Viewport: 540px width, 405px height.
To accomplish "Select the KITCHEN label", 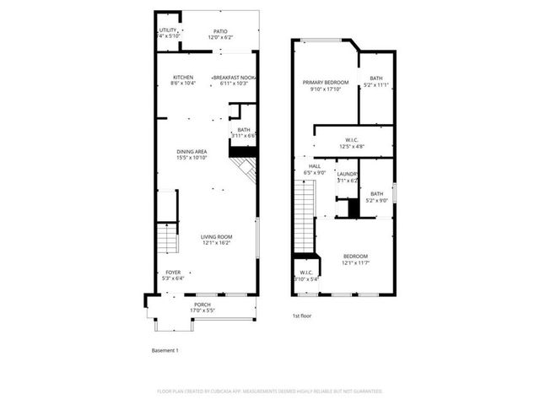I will [182, 78].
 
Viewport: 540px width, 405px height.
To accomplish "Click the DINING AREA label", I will [192, 152].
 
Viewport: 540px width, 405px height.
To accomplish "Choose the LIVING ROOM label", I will [216, 237].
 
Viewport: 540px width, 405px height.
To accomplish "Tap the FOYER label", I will [173, 272].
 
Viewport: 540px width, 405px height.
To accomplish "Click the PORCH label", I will [202, 305].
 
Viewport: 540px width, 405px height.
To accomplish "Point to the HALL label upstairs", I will [314, 166].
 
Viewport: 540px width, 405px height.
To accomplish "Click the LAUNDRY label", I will [348, 175].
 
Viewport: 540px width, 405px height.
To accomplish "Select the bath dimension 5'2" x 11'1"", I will [375, 85].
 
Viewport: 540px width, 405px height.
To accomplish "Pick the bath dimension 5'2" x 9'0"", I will [375, 200].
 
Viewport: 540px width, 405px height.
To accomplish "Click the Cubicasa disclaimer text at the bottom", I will [270, 391].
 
